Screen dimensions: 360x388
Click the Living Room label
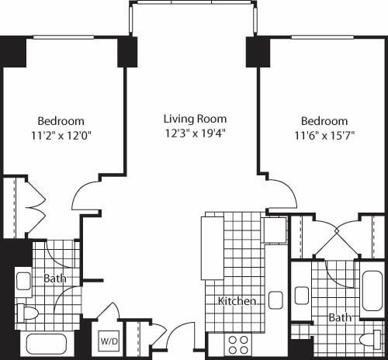[195, 119]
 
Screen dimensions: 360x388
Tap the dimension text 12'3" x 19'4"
[195, 133]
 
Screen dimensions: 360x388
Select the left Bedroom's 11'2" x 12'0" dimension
[61, 135]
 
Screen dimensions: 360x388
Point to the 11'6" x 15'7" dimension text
[324, 135]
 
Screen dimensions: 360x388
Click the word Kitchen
[237, 301]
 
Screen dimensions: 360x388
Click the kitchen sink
[275, 299]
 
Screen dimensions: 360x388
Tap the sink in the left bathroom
[24, 281]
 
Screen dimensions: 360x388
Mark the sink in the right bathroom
[303, 296]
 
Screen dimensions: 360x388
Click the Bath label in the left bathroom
[54, 279]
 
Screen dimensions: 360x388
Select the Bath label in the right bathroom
[339, 318]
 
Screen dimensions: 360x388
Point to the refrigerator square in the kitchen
[274, 230]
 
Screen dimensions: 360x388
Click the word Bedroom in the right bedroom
[324, 121]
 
